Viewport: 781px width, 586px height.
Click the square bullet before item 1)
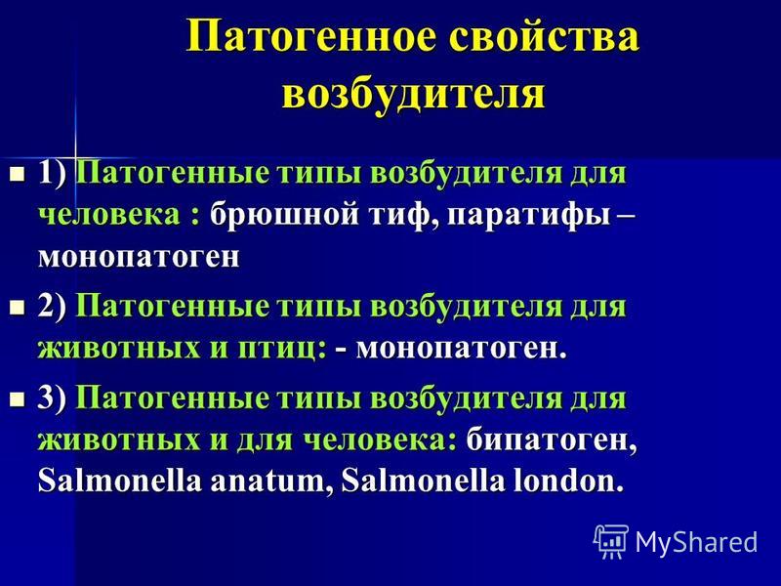pos(18,175)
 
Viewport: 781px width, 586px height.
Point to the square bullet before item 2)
pos(18,307)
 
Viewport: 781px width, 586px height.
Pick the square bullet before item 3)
pos(18,398)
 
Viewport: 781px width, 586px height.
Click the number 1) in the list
pos(52,174)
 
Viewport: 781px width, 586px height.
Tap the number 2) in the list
pos(52,307)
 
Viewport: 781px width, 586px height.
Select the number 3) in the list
pos(52,398)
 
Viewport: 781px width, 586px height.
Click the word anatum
pos(267,481)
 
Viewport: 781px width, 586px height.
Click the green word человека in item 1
pos(109,216)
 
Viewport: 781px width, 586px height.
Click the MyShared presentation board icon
pos(610,541)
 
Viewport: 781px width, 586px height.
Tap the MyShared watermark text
pos(696,542)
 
